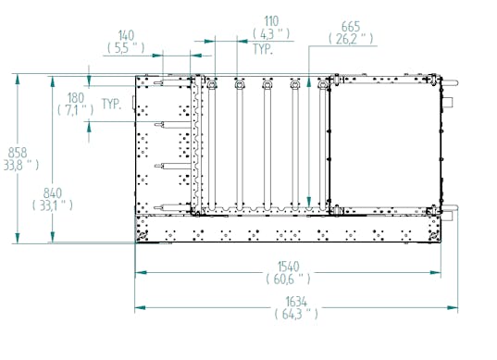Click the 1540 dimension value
click(288, 267)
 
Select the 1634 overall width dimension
click(296, 302)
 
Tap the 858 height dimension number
click(18, 153)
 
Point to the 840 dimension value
click(53, 193)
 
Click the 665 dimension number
click(351, 27)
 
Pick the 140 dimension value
click(126, 35)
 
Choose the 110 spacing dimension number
click(271, 21)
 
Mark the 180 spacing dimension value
click(76, 97)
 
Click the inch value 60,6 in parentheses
click(288, 279)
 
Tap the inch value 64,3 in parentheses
click(296, 314)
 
